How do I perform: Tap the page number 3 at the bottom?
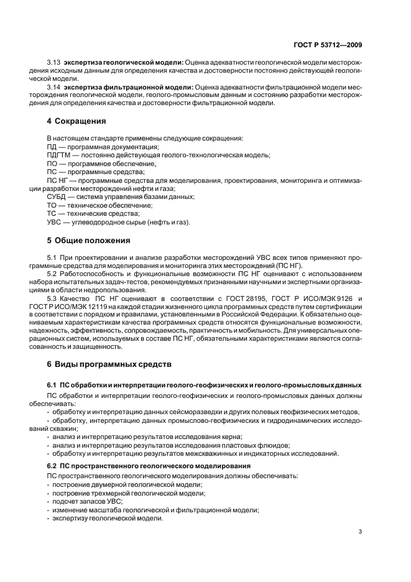tap(361, 530)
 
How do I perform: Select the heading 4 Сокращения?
tap(76, 121)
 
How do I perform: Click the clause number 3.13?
tap(54, 64)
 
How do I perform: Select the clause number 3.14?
tap(54, 87)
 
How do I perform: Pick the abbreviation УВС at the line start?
tap(55, 222)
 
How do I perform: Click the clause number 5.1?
tap(52, 256)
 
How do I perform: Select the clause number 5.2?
tap(52, 273)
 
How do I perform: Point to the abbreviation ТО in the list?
tap(53, 205)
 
